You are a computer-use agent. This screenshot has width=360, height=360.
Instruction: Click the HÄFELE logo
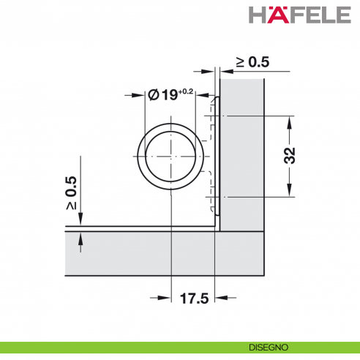point(300,15)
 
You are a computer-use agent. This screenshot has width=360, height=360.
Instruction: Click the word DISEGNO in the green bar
point(269,348)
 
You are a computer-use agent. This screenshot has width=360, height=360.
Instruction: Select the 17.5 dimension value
point(194,299)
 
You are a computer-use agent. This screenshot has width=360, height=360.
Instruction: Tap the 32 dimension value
point(290,155)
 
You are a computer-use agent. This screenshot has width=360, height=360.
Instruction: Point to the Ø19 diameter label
point(162,94)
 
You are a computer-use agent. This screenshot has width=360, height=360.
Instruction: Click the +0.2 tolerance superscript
point(186,91)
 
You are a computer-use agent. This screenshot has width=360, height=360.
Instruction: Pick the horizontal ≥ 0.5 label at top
point(252,62)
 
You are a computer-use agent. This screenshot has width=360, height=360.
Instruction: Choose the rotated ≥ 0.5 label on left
point(71,192)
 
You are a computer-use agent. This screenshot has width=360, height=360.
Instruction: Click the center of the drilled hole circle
point(170,157)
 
